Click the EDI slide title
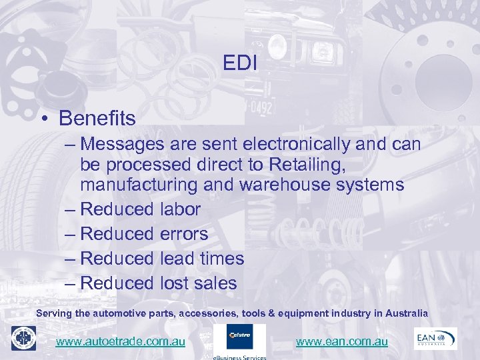click(241, 63)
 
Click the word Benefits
click(97, 119)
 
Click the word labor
click(180, 209)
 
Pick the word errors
click(184, 234)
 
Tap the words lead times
click(202, 259)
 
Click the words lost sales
click(199, 283)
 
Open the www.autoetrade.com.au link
click(120, 341)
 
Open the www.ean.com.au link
click(341, 341)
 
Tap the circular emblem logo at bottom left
click(23, 339)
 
